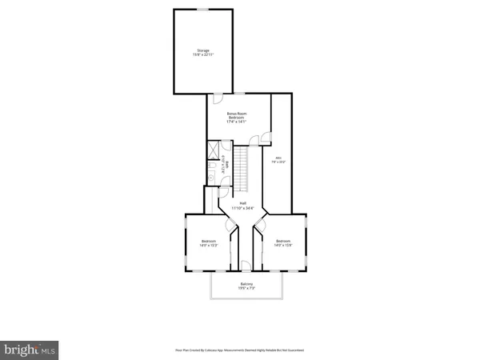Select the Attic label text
point(278,158)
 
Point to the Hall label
point(242,203)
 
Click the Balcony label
point(247,285)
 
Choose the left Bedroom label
point(209,241)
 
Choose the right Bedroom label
point(283,241)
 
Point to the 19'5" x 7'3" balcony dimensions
point(247,289)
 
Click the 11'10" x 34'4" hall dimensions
point(242,208)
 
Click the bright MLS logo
point(30,349)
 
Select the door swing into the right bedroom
point(259,230)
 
